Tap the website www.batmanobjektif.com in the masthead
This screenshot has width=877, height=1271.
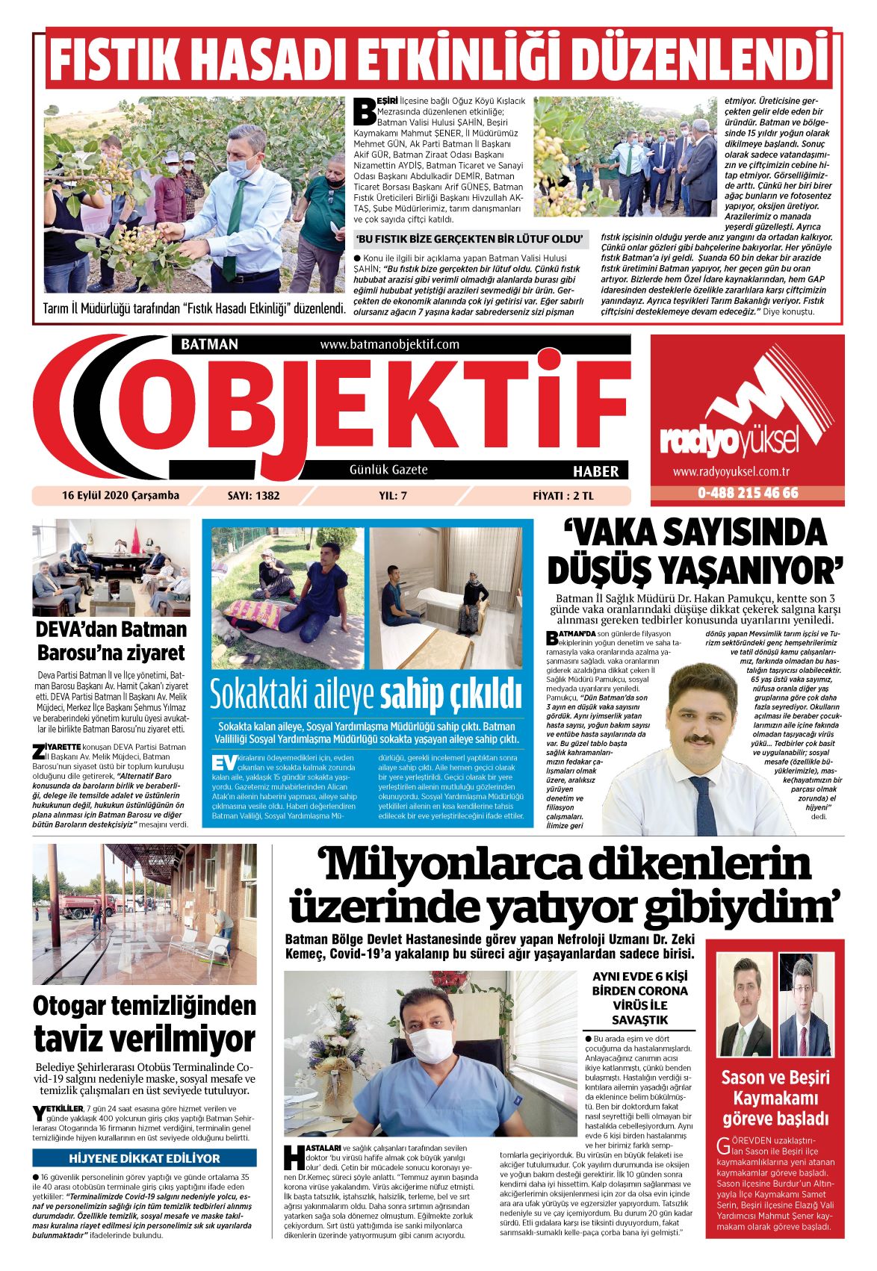coord(389,344)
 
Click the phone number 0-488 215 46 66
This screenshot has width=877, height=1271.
coord(748,493)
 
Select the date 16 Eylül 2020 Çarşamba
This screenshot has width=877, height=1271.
coord(120,495)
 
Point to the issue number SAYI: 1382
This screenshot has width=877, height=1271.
coord(253,495)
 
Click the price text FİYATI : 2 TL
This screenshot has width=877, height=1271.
coord(563,495)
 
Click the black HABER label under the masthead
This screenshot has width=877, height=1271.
coord(595,471)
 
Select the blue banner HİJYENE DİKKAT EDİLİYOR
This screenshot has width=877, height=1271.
coord(144,1158)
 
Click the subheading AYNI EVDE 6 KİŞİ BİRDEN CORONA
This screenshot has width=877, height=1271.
coord(639,983)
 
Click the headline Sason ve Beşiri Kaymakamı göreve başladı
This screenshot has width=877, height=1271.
coord(775,1098)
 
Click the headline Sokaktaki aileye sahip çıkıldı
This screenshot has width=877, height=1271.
coord(365,694)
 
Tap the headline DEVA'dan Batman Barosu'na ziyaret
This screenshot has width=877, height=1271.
coord(111,640)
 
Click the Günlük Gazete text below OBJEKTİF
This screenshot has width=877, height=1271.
coord(388,470)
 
